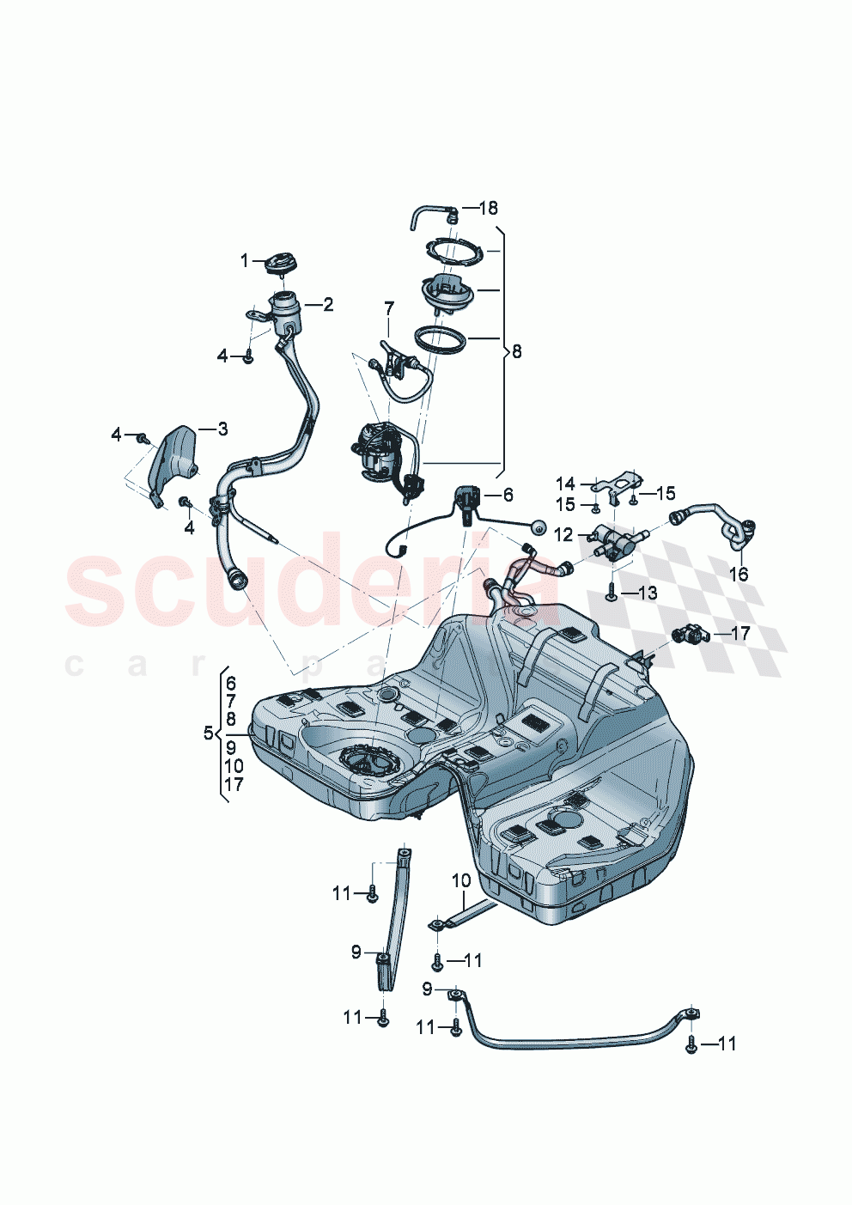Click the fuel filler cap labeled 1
[279, 265]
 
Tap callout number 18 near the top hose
[488, 208]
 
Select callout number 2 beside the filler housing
[328, 304]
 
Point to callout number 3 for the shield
[222, 429]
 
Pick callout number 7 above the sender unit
[389, 308]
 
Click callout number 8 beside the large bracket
[516, 351]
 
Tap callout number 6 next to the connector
[508, 495]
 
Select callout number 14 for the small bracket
[564, 484]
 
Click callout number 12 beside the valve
[563, 535]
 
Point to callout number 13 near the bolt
[647, 593]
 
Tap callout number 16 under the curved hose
[739, 574]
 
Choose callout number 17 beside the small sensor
[739, 634]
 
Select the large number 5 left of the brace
[208, 733]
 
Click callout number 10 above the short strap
[461, 880]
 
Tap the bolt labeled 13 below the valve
[611, 592]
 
